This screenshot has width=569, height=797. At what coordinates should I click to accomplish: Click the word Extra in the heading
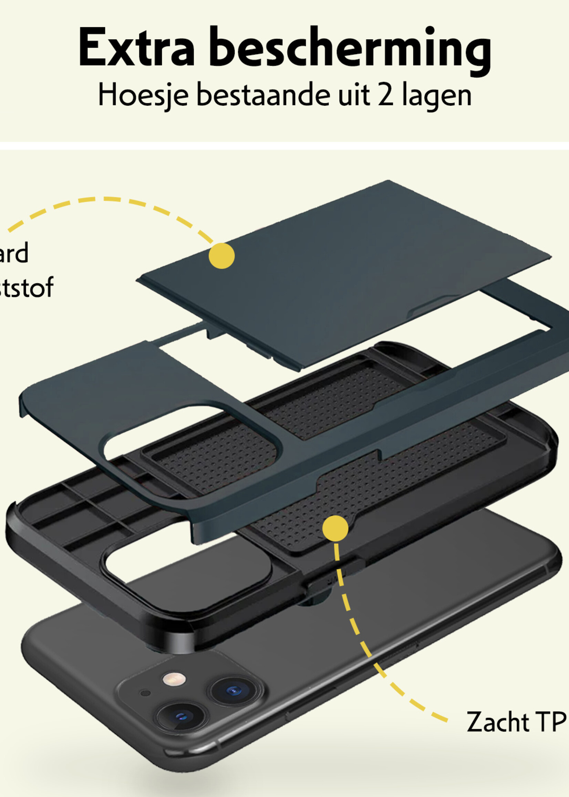click(x=136, y=47)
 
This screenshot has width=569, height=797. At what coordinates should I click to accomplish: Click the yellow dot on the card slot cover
click(x=221, y=256)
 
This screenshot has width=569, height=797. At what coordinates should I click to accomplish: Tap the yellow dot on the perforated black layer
click(x=335, y=528)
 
